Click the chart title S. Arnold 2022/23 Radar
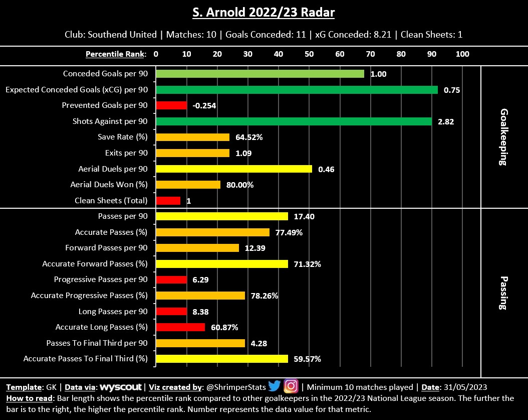263,13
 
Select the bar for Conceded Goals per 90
260,74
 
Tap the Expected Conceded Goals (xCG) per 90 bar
297,90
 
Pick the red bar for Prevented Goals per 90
171,105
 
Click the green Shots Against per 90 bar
294,121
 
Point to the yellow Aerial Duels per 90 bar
234,169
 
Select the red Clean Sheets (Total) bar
168,201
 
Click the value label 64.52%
249,137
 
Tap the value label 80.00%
240,185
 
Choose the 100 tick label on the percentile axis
462,54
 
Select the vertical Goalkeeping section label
504,137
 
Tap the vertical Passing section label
504,293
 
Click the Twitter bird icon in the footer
275,386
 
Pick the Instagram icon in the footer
291,386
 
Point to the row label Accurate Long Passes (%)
102,327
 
